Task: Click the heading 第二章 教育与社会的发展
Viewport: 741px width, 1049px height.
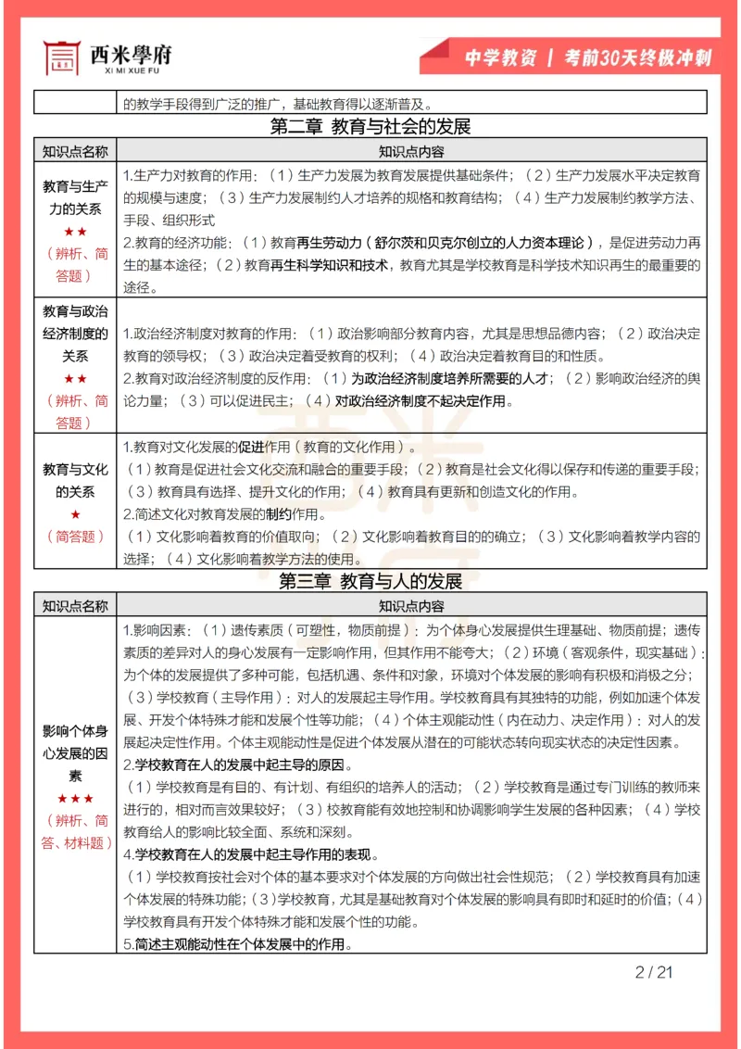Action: [x=370, y=127]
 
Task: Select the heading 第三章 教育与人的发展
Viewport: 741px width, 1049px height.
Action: [x=370, y=582]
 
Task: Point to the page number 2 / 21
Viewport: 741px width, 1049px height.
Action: [x=654, y=972]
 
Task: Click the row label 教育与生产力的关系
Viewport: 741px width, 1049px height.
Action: [x=75, y=197]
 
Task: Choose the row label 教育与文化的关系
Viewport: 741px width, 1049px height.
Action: [x=75, y=480]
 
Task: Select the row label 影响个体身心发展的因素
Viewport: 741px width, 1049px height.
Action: [x=75, y=752]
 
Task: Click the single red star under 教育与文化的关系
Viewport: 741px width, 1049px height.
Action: [x=75, y=514]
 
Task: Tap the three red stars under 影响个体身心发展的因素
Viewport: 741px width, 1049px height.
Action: [x=75, y=798]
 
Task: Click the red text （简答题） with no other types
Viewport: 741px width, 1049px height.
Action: [x=75, y=536]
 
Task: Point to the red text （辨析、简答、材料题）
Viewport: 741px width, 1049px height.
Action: [x=75, y=831]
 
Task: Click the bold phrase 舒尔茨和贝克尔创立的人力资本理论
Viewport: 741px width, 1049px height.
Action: [x=481, y=244]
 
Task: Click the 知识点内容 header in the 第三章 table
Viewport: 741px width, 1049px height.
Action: [x=410, y=606]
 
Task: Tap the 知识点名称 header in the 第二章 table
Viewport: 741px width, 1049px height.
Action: [x=75, y=151]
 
